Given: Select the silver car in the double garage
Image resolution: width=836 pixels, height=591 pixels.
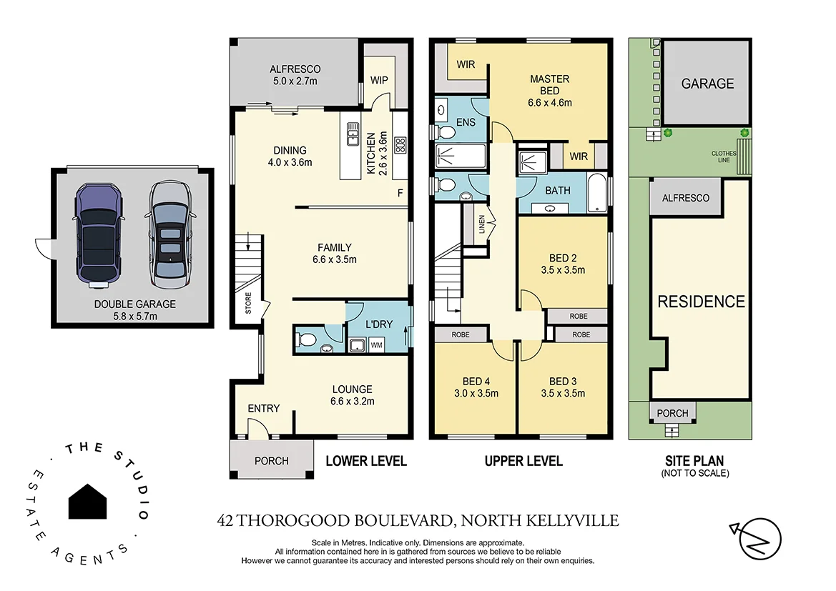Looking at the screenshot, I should (x=169, y=234).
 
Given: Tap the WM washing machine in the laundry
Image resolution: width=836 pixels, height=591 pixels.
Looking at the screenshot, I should (x=376, y=346).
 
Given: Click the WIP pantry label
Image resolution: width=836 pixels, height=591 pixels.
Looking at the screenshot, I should (x=379, y=80).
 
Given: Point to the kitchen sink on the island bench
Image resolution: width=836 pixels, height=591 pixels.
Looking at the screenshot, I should (x=353, y=134).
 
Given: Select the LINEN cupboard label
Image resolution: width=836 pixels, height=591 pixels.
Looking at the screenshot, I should (x=482, y=224).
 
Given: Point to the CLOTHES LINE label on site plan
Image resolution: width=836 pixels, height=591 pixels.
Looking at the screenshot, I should (x=724, y=156).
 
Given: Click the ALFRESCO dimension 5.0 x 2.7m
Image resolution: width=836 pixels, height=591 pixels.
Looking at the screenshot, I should (x=295, y=81).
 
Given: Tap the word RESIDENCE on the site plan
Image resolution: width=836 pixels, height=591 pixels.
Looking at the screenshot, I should (x=701, y=302).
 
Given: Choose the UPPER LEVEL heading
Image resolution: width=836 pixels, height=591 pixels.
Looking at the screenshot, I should (x=523, y=461).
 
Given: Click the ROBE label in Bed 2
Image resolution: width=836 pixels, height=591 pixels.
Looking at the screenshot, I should (x=579, y=315).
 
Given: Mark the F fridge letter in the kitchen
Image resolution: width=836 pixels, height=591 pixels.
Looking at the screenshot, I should (x=400, y=193).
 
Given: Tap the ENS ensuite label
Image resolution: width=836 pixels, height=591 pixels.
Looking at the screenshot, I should (x=466, y=123).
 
